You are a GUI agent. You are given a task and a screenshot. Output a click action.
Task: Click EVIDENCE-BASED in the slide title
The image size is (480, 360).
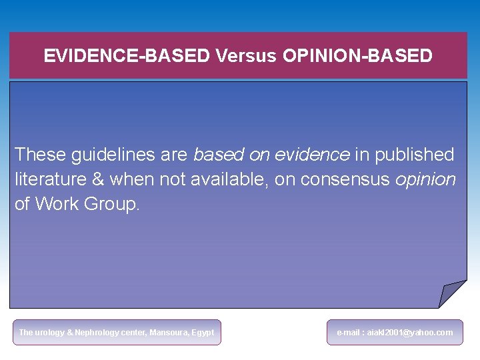(127, 56)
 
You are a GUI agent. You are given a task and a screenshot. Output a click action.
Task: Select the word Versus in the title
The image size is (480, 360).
(245, 56)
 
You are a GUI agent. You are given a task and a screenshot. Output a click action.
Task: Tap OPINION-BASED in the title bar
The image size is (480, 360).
(357, 56)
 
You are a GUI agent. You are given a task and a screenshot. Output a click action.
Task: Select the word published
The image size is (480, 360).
(414, 155)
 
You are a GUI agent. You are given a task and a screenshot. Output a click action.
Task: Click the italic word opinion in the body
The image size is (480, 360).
(425, 180)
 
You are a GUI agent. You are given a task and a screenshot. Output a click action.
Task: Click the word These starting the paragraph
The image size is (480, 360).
(41, 155)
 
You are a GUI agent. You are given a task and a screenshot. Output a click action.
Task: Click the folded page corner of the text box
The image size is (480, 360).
(453, 294)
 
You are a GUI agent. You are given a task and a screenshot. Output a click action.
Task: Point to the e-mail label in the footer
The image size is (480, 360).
(348, 333)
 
